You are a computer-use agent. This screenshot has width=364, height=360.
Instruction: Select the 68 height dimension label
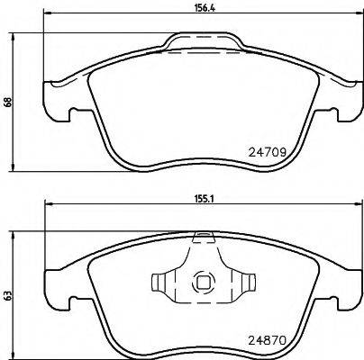(6, 102)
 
